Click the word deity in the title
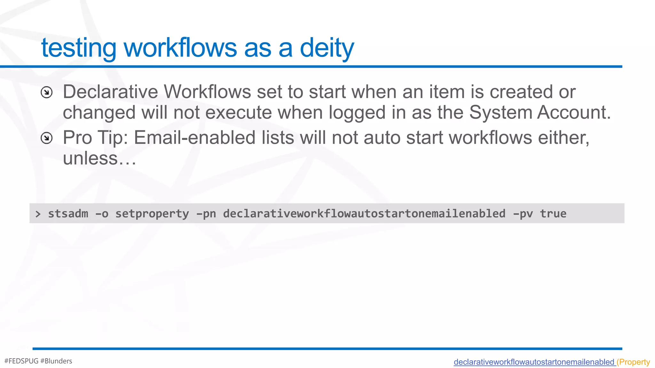[327, 48]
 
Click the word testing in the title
[78, 48]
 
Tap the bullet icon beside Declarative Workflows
[47, 92]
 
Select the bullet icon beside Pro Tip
[47, 138]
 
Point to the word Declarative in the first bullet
[110, 92]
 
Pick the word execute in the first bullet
[238, 112]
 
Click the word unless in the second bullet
[91, 158]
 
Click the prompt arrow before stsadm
[38, 214]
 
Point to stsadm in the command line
[68, 214]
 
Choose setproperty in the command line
[152, 214]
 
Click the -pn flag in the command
[206, 214]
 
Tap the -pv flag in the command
[523, 214]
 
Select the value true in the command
[553, 214]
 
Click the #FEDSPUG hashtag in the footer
[21, 361]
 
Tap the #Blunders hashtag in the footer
[56, 361]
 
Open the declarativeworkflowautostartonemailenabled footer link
[534, 362]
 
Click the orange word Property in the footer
[635, 362]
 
